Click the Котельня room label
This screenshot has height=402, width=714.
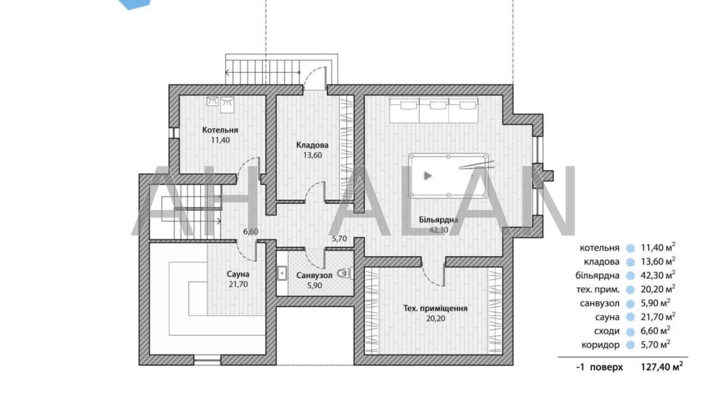pyautogui.click(x=220, y=130)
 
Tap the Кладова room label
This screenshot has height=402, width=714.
pyautogui.click(x=312, y=145)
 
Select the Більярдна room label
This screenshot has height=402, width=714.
pyautogui.click(x=438, y=220)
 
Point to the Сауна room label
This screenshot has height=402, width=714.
pyautogui.click(x=238, y=274)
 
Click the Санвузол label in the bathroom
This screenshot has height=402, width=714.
pyautogui.click(x=314, y=276)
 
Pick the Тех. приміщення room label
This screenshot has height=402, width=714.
pyautogui.click(x=435, y=308)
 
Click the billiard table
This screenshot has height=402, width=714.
pyautogui.click(x=448, y=176)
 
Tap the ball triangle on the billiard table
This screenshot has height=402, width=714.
pyautogui.click(x=427, y=176)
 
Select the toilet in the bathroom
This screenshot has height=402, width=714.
pyautogui.click(x=343, y=273)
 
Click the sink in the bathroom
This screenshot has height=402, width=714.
pyautogui.click(x=282, y=273)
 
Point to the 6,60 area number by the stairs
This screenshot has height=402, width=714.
pyautogui.click(x=250, y=232)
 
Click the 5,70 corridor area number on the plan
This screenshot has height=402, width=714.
pyautogui.click(x=339, y=239)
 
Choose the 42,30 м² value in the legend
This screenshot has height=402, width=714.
pyautogui.click(x=658, y=275)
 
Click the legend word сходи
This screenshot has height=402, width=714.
pyautogui.click(x=607, y=331)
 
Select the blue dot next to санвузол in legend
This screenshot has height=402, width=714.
pyautogui.click(x=630, y=303)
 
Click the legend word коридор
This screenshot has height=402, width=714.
pyautogui.click(x=601, y=345)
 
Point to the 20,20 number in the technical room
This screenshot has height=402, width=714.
pyautogui.click(x=435, y=319)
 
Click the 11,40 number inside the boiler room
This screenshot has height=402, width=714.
pyautogui.click(x=220, y=140)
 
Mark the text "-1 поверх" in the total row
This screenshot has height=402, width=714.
pyautogui.click(x=599, y=367)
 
